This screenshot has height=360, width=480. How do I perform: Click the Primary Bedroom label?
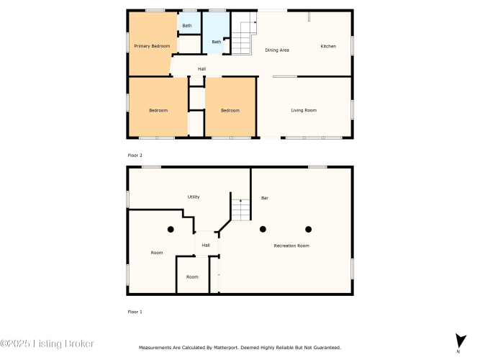(152, 46)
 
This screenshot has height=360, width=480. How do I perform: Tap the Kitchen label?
(328, 46)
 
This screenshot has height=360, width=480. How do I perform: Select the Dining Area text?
(277, 50)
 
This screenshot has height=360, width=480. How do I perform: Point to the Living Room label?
(304, 110)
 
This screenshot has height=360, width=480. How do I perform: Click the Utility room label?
(194, 197)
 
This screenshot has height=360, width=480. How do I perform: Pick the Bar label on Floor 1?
(265, 198)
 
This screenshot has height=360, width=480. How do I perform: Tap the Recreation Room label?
(291, 246)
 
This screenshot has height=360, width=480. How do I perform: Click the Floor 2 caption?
(135, 156)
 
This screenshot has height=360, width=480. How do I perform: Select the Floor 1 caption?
(135, 312)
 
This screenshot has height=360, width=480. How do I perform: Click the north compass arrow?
(460, 341)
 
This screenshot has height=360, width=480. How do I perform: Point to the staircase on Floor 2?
(244, 34)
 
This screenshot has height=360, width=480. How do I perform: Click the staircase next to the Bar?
(241, 210)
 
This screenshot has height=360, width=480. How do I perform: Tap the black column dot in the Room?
(171, 229)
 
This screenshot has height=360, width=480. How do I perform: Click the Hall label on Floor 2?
(201, 69)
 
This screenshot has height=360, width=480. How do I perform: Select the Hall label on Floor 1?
(206, 245)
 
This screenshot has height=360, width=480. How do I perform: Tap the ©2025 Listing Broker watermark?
(47, 343)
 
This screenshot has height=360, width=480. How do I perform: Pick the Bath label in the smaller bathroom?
(187, 26)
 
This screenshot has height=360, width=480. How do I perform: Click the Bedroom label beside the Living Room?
(230, 110)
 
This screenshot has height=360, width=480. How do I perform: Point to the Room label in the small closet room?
(192, 276)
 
